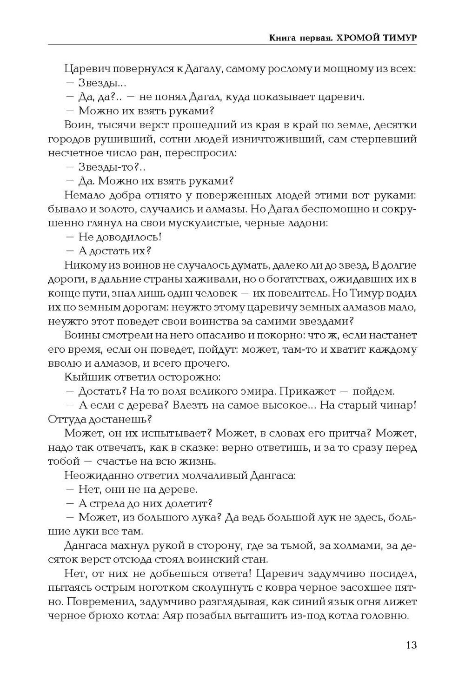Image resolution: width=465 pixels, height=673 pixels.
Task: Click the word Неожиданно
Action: click(x=96, y=475)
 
